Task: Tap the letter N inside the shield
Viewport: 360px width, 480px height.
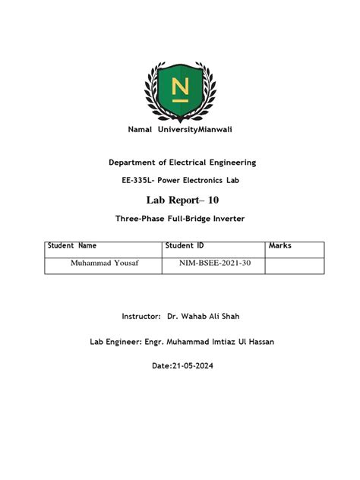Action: tap(180, 88)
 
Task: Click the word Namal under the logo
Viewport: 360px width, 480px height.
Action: tap(142, 130)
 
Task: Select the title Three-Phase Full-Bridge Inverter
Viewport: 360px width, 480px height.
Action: tap(180, 219)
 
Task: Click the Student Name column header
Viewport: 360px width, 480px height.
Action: tap(72, 246)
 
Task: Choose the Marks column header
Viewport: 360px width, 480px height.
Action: tap(280, 246)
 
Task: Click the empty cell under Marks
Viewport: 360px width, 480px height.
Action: tap(294, 264)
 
